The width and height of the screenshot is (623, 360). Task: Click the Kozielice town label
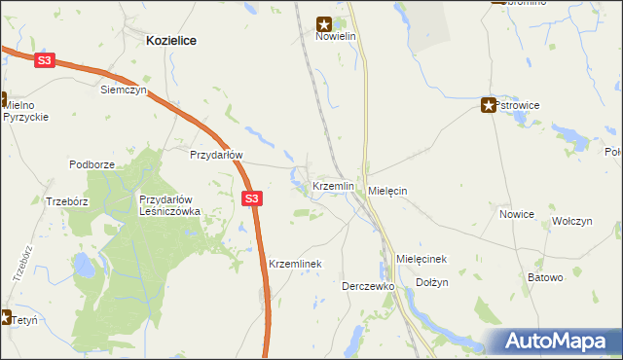(171, 41)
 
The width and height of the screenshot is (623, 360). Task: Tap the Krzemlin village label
(333, 185)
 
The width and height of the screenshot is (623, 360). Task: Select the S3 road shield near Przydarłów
(251, 198)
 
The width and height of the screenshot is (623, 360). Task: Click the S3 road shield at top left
(44, 60)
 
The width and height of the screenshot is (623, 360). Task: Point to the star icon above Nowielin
(325, 23)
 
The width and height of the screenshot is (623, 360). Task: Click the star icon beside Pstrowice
(489, 105)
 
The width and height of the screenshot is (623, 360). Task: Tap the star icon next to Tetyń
(4, 317)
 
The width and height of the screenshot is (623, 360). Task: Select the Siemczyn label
(124, 90)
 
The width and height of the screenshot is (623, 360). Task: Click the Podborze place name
(92, 164)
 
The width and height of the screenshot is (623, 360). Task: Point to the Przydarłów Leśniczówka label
(169, 205)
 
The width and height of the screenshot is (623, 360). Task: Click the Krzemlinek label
(295, 264)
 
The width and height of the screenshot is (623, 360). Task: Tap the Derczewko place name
(367, 287)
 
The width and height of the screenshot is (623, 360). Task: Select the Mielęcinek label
(421, 259)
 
